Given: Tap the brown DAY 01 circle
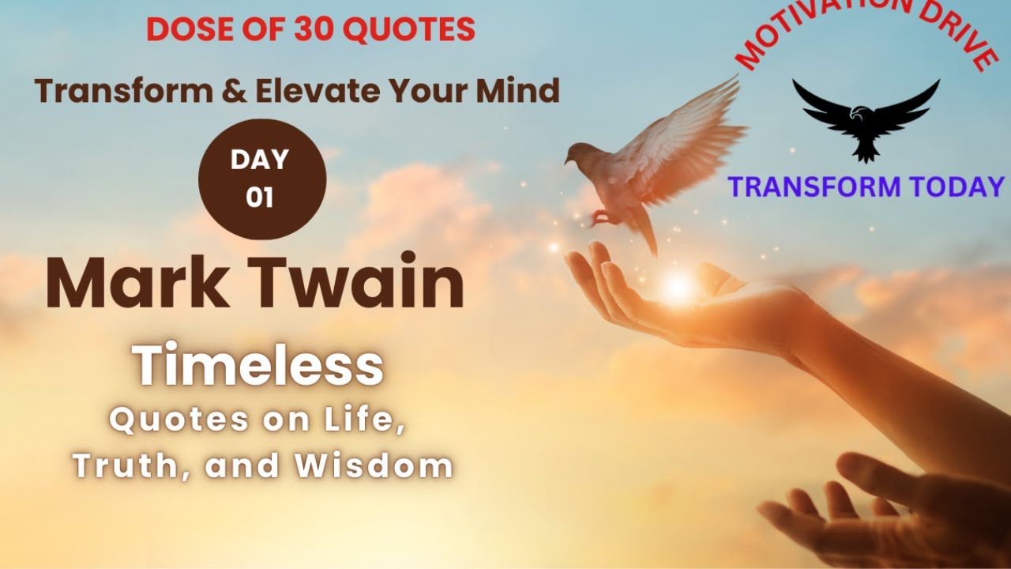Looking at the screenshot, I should point(261,179).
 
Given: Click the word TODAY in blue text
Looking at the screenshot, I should point(957,187).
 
